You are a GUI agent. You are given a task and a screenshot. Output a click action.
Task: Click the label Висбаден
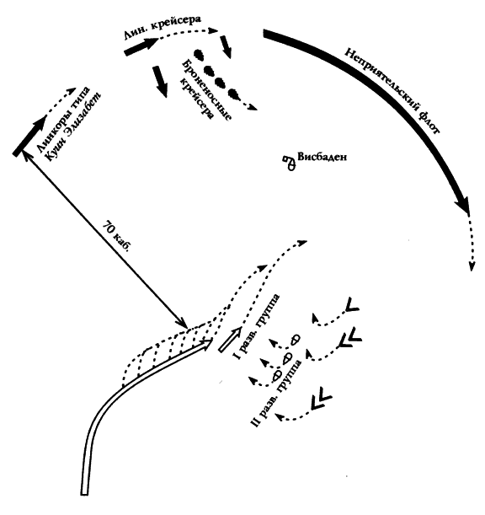tap(322, 157)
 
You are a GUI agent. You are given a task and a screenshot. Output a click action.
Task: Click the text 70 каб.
tap(117, 236)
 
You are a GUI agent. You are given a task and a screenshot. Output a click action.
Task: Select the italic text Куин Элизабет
tap(73, 126)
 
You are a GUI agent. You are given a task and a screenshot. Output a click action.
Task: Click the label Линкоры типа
tap(62, 119)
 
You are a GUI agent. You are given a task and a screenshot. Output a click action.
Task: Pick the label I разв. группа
tap(257, 326)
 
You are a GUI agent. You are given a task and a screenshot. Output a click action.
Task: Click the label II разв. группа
tap(277, 393)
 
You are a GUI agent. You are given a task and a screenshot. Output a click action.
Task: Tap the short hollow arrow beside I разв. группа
tap(230, 341)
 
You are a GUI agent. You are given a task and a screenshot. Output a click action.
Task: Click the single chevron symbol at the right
tap(351, 305)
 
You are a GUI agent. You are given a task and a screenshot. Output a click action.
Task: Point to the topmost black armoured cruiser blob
tap(199, 55)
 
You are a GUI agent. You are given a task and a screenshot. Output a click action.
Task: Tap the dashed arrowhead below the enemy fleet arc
tap(472, 266)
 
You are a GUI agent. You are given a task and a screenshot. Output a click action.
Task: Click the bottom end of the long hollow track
tap(84, 493)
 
